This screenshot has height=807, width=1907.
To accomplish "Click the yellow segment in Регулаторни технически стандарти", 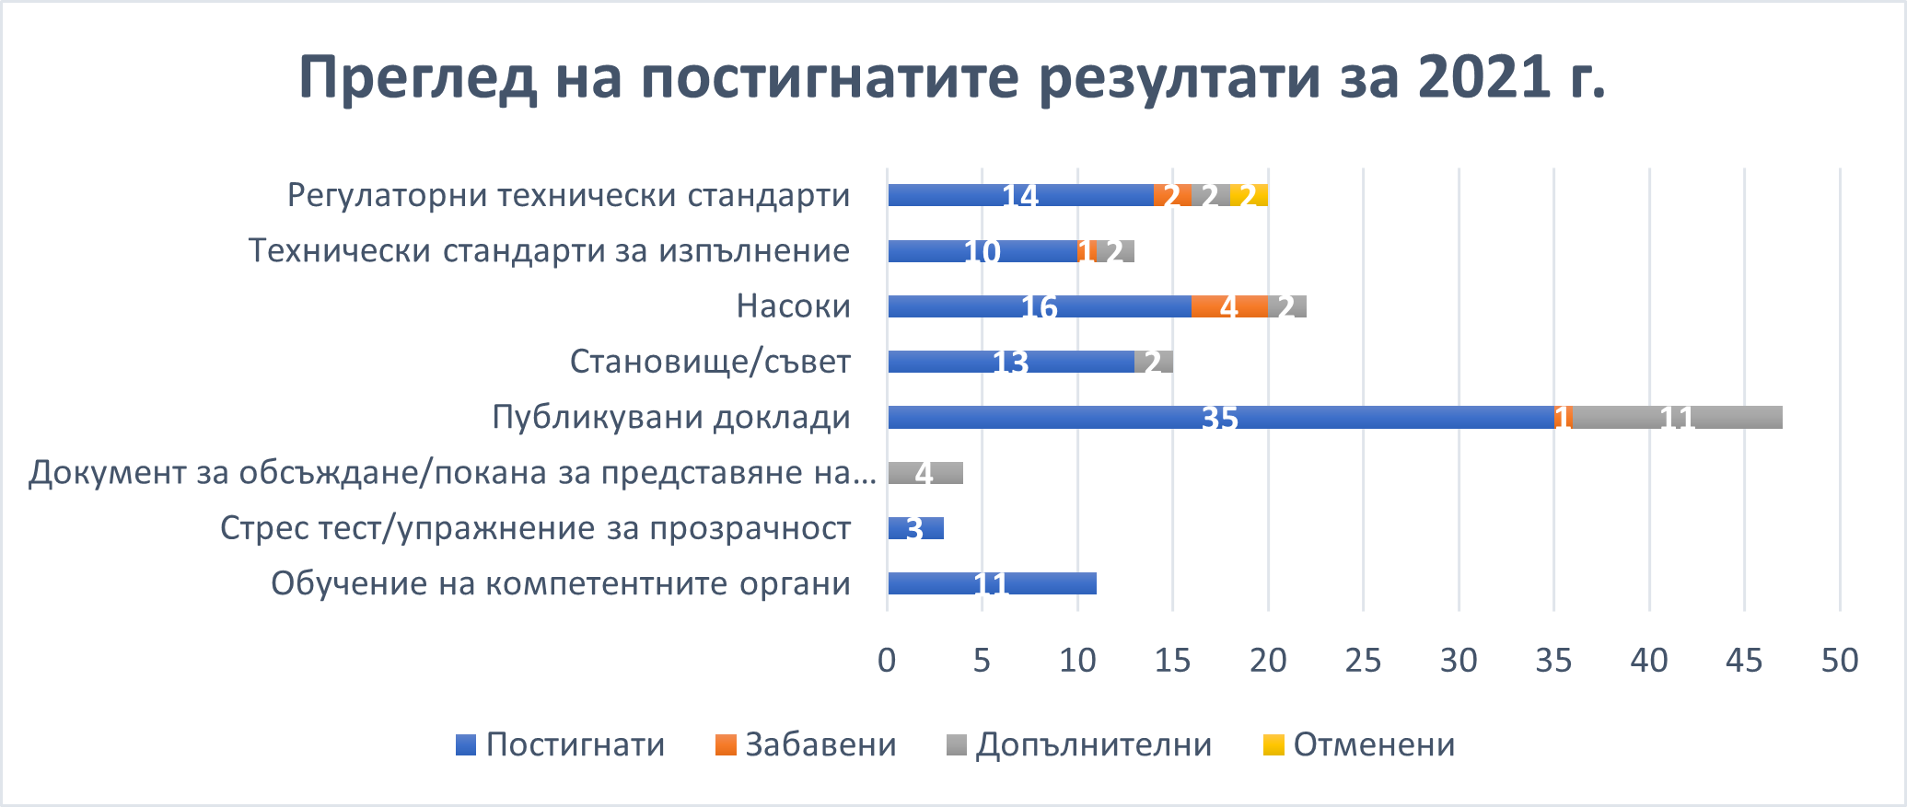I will (x=1250, y=195).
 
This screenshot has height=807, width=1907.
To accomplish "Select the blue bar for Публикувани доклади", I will (x=1220, y=417).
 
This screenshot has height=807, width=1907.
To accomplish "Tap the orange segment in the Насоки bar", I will (x=1229, y=306).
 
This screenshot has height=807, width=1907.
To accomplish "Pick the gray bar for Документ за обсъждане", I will (x=924, y=473).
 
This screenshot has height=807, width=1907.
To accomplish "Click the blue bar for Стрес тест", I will (x=915, y=528).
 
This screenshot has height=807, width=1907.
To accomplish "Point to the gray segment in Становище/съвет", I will (x=1154, y=362).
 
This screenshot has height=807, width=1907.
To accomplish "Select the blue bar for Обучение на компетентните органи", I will (x=992, y=583).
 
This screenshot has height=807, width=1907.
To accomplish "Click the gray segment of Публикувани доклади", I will (x=1677, y=417).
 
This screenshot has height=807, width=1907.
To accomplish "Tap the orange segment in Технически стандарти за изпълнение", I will (x=1087, y=251).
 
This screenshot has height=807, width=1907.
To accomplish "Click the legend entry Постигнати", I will (x=561, y=744).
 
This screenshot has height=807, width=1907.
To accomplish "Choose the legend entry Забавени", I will (x=807, y=744).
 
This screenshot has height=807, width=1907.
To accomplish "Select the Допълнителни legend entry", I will (x=1079, y=744).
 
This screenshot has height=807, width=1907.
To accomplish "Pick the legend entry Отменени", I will (x=1359, y=744).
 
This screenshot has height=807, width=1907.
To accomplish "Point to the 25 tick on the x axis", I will (x=1364, y=660).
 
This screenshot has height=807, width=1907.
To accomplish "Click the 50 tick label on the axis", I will (x=1840, y=660).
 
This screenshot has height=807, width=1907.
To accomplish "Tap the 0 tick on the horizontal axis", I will (x=887, y=660).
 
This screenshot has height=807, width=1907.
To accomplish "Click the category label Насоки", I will (x=793, y=306).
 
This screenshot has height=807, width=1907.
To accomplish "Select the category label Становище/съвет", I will (x=710, y=362).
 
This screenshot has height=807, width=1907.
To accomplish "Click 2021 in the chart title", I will (x=1484, y=77).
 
